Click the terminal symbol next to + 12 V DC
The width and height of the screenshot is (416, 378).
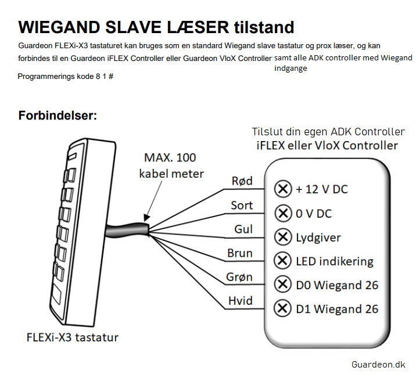click(283, 189)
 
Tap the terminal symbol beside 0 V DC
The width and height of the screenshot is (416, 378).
click(283, 213)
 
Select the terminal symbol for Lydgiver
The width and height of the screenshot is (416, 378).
click(283, 237)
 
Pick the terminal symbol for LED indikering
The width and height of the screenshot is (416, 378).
click(282, 261)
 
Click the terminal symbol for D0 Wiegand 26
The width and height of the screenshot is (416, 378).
click(282, 285)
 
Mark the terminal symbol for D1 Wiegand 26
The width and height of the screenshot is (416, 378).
click(282, 308)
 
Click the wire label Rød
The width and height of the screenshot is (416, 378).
click(242, 181)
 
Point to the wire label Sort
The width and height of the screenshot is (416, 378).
click(242, 206)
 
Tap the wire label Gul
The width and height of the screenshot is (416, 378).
click(243, 229)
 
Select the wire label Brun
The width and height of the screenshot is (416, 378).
click(240, 253)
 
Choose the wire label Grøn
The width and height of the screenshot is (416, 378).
click(239, 277)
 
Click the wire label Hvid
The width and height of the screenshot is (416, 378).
click(241, 301)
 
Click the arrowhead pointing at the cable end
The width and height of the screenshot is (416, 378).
click(146, 218)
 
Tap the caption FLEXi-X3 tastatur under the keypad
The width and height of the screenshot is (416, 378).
click(73, 337)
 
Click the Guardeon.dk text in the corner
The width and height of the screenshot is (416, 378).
click(378, 365)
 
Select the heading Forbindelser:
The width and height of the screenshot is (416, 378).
click(58, 116)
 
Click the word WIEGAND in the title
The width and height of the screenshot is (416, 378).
click(59, 27)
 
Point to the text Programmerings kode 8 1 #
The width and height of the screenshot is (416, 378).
click(66, 77)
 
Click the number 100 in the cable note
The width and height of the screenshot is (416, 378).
click(186, 158)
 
